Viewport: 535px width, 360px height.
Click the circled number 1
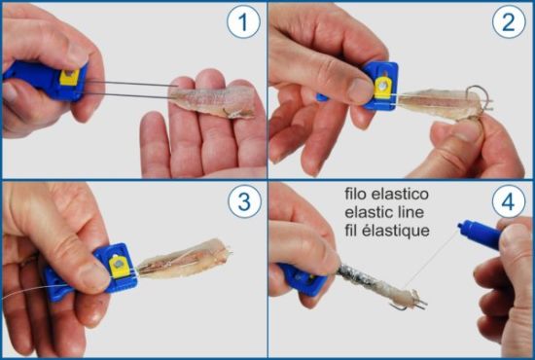(x=243, y=21)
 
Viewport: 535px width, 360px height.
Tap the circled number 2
(x=509, y=21)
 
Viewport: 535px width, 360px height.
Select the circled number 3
(x=244, y=201)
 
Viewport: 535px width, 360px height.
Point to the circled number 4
(x=509, y=201)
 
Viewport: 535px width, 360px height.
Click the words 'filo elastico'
(x=386, y=194)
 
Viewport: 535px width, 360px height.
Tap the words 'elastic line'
(x=384, y=212)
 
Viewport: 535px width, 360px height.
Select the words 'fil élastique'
(x=387, y=231)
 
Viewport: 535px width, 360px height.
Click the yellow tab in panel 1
(x=70, y=77)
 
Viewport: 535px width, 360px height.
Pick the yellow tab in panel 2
(x=383, y=88)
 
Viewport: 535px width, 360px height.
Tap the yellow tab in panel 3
(x=119, y=268)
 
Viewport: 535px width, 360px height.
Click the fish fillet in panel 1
(x=211, y=100)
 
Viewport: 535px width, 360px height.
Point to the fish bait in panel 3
(x=184, y=260)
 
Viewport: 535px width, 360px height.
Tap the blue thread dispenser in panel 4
(x=480, y=234)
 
